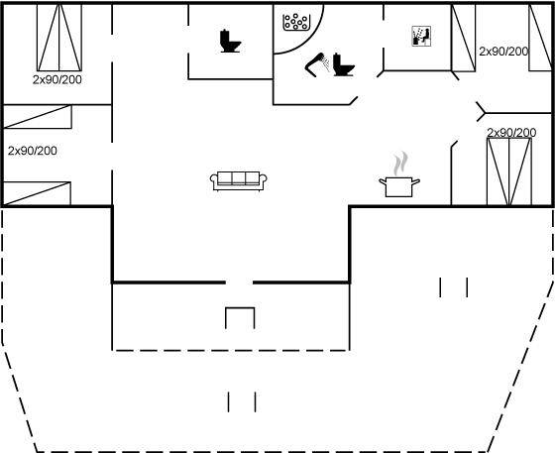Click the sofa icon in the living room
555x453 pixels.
click(238, 181)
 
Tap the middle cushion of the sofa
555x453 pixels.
click(239, 177)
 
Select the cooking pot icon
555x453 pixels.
click(399, 187)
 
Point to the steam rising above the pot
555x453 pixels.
click(400, 164)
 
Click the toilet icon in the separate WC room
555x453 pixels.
click(230, 41)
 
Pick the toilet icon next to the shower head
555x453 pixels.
click(343, 64)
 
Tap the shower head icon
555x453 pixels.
click(316, 64)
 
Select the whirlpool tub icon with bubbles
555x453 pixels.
click(296, 22)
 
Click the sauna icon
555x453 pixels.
click(421, 36)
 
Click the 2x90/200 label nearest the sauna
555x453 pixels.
click(503, 52)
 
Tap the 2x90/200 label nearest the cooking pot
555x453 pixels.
click(511, 133)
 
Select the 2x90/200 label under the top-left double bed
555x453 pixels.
click(57, 80)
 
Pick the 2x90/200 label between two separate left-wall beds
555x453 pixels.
click(32, 151)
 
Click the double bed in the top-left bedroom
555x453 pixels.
click(59, 37)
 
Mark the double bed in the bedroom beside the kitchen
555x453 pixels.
click(509, 171)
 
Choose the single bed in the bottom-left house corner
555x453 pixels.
click(37, 193)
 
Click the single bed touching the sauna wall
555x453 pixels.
click(464, 38)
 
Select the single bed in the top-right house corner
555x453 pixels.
click(540, 37)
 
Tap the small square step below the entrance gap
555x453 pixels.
click(240, 318)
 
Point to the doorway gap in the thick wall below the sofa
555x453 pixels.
click(239, 283)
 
